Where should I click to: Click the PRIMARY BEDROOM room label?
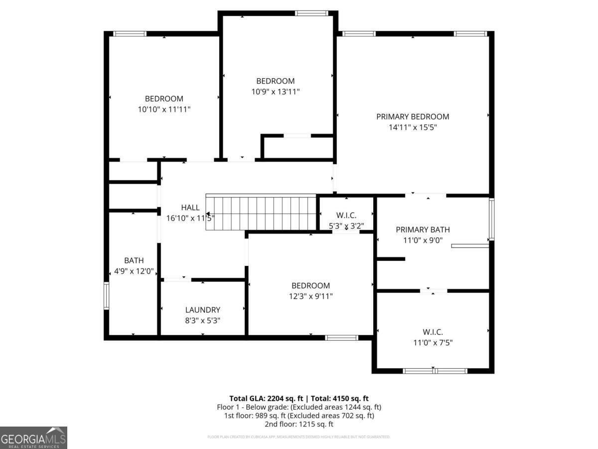[412, 117]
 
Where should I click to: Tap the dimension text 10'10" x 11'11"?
[164, 109]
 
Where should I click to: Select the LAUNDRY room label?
[202, 310]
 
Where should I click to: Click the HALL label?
[190, 208]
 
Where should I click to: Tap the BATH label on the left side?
[134, 260]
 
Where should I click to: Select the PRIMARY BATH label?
[423, 229]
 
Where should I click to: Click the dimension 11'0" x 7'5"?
[433, 342]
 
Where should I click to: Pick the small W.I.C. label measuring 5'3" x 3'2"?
[346, 215]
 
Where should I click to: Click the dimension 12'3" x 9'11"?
[310, 296]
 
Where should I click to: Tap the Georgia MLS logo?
[33, 438]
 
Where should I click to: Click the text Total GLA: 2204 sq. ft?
[267, 398]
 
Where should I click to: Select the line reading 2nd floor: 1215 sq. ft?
[299, 424]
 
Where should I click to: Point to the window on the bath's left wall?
[106, 296]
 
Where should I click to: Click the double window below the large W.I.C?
[435, 371]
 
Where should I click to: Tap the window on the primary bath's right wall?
[491, 220]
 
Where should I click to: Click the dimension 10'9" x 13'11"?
[275, 91]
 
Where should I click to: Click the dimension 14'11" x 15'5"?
[413, 127]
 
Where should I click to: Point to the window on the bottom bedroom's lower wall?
[341, 338]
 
